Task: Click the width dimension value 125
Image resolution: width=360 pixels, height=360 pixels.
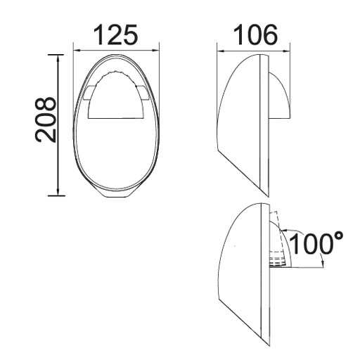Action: [116, 34]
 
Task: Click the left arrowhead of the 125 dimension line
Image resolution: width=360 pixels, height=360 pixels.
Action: [77, 49]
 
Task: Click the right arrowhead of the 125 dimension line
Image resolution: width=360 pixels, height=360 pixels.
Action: [156, 49]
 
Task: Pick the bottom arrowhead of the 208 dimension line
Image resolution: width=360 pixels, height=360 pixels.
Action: [57, 191]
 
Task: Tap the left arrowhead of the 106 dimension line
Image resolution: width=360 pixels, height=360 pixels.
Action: [219, 49]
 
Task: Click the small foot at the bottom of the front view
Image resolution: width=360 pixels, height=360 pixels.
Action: [116, 192]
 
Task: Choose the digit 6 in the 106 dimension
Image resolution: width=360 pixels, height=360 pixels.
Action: [269, 34]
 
